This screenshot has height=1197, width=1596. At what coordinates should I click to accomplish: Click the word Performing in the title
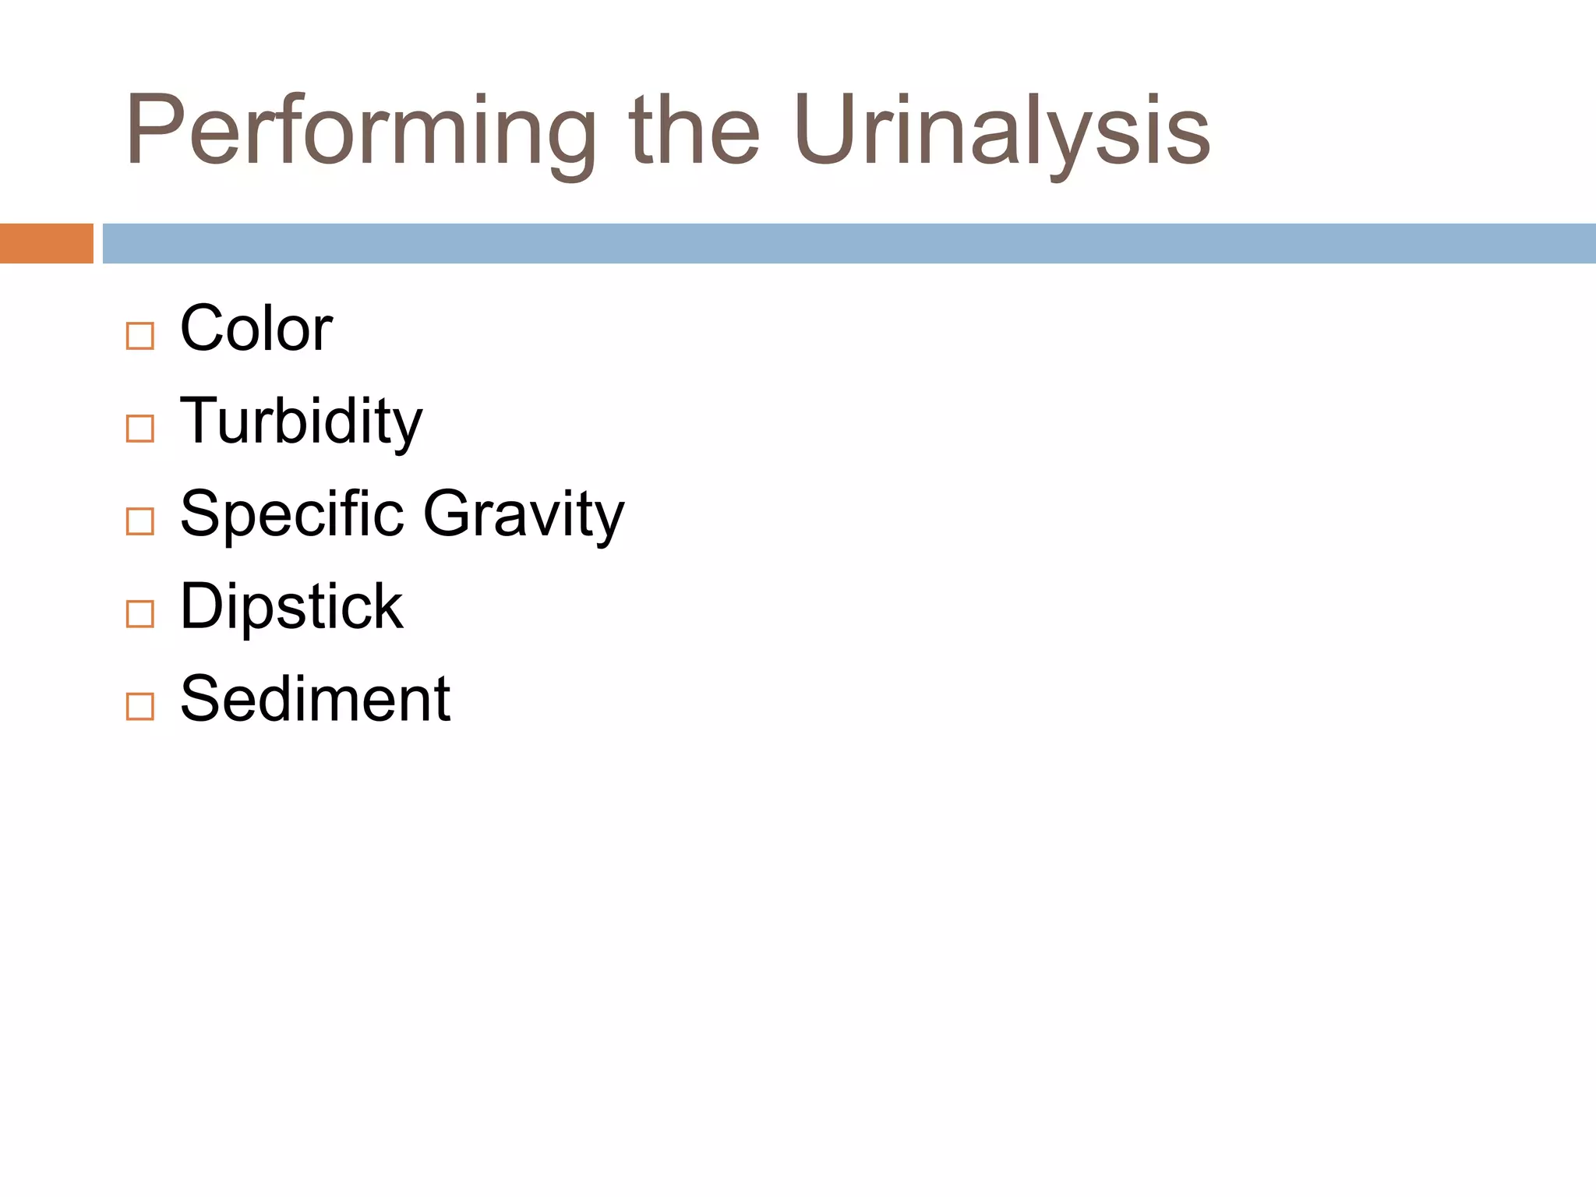point(360,131)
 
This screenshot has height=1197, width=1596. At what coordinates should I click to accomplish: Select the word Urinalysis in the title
point(1001,131)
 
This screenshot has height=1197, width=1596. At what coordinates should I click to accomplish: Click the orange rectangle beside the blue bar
point(47,243)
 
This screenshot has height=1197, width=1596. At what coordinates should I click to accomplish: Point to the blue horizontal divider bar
point(849,243)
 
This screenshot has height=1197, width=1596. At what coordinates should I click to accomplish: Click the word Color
point(256,328)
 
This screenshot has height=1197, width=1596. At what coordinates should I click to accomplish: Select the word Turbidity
point(301,422)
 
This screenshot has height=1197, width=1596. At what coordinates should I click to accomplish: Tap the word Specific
point(292,514)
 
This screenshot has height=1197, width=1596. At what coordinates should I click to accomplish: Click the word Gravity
point(524,514)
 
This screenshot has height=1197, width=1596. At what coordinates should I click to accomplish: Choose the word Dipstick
point(291,606)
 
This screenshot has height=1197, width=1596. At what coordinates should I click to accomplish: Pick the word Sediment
point(315,699)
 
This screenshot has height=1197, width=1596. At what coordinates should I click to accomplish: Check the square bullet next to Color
point(140,337)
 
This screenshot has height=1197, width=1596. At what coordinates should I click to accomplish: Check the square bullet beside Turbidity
point(140,429)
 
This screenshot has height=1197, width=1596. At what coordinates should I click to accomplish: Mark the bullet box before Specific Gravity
point(140,521)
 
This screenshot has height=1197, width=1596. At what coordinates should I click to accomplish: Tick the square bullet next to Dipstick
point(140,614)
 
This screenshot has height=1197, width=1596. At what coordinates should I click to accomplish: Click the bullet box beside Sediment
point(140,706)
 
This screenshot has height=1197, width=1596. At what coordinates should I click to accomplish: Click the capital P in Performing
point(154,130)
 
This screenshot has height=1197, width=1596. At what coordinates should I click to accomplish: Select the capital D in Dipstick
point(203,606)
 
